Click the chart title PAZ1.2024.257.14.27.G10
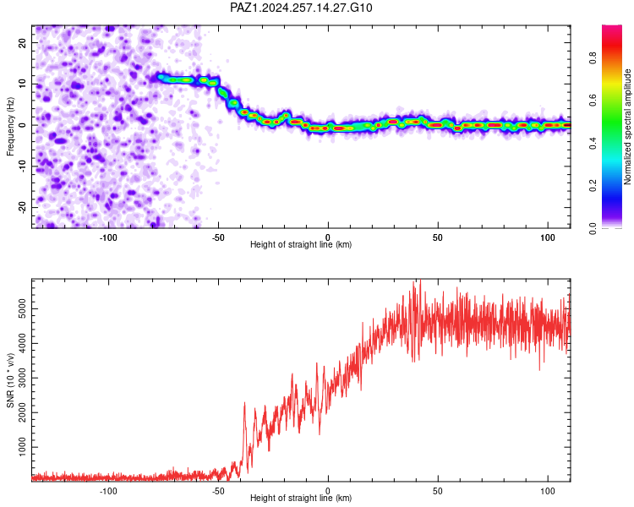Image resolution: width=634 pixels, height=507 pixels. click(x=301, y=8)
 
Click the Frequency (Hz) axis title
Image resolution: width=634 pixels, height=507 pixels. click(x=10, y=127)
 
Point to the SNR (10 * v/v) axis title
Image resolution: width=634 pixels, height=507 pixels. click(x=10, y=380)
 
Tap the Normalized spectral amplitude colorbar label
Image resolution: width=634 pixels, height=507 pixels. click(x=627, y=127)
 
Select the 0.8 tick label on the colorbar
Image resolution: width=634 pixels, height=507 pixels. click(x=593, y=57)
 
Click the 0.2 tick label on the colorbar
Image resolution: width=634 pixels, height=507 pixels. click(x=593, y=186)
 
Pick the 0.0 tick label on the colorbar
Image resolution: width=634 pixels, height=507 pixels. click(x=593, y=228)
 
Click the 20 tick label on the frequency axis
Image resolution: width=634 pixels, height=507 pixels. click(x=23, y=43)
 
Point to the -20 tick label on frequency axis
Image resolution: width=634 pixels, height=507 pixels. click(x=23, y=207)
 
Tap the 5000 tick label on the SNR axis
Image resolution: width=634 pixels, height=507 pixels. click(x=23, y=309)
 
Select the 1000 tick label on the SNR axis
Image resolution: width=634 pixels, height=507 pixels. click(x=23, y=447)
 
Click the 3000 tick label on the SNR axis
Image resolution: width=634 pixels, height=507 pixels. click(x=23, y=378)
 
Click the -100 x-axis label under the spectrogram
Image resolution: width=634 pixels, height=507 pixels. click(x=108, y=237)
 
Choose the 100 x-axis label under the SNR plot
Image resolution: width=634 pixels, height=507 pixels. click(x=548, y=491)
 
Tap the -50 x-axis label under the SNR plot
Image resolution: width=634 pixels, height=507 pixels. click(x=218, y=491)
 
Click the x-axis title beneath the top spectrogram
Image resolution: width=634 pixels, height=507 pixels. click(x=301, y=244)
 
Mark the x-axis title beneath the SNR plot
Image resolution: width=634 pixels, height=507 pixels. click(x=301, y=498)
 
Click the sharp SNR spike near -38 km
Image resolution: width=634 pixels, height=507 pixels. click(x=244, y=403)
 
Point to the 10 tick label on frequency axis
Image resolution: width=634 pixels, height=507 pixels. click(x=23, y=84)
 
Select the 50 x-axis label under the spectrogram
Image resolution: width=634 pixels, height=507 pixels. click(x=438, y=237)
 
